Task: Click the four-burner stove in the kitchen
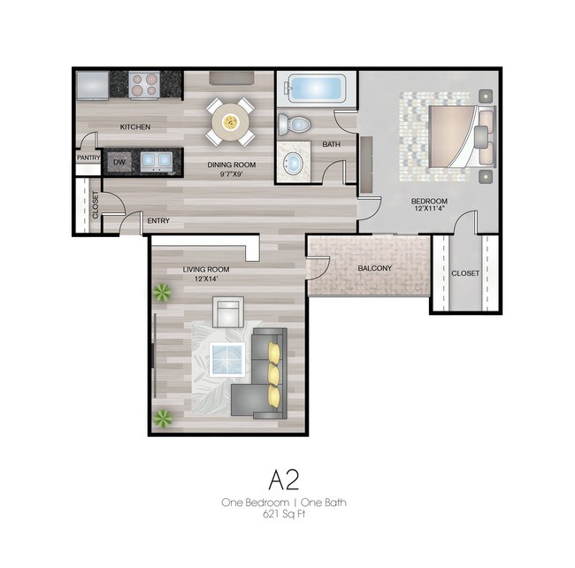[144, 84]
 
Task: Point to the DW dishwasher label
[119, 162]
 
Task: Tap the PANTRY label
[88, 158]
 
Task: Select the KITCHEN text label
[135, 127]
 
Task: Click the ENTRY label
[158, 220]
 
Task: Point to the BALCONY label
[375, 268]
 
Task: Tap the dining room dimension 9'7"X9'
[231, 174]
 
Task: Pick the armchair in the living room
[228, 313]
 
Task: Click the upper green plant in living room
[162, 293]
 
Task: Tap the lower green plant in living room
[162, 418]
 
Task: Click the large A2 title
[283, 480]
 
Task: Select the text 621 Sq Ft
[283, 513]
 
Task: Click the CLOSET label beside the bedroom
[464, 273]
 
